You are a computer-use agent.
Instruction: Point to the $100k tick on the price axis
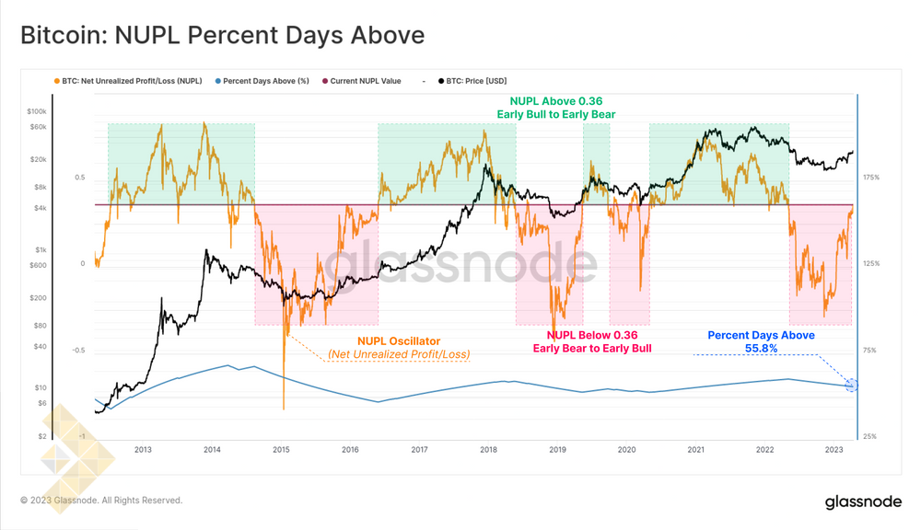(x=36, y=111)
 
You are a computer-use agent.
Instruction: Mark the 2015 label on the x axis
(x=282, y=450)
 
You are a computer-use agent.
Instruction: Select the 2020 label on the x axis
(x=627, y=450)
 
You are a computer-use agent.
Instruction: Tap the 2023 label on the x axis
(x=834, y=450)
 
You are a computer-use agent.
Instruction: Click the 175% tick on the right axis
(x=871, y=177)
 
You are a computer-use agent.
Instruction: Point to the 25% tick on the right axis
(x=870, y=436)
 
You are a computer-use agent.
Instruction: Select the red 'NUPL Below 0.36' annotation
(x=592, y=336)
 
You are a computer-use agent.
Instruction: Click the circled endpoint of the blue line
(x=851, y=386)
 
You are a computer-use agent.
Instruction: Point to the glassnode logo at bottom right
(x=863, y=501)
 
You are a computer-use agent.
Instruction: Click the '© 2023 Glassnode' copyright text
(x=101, y=501)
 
